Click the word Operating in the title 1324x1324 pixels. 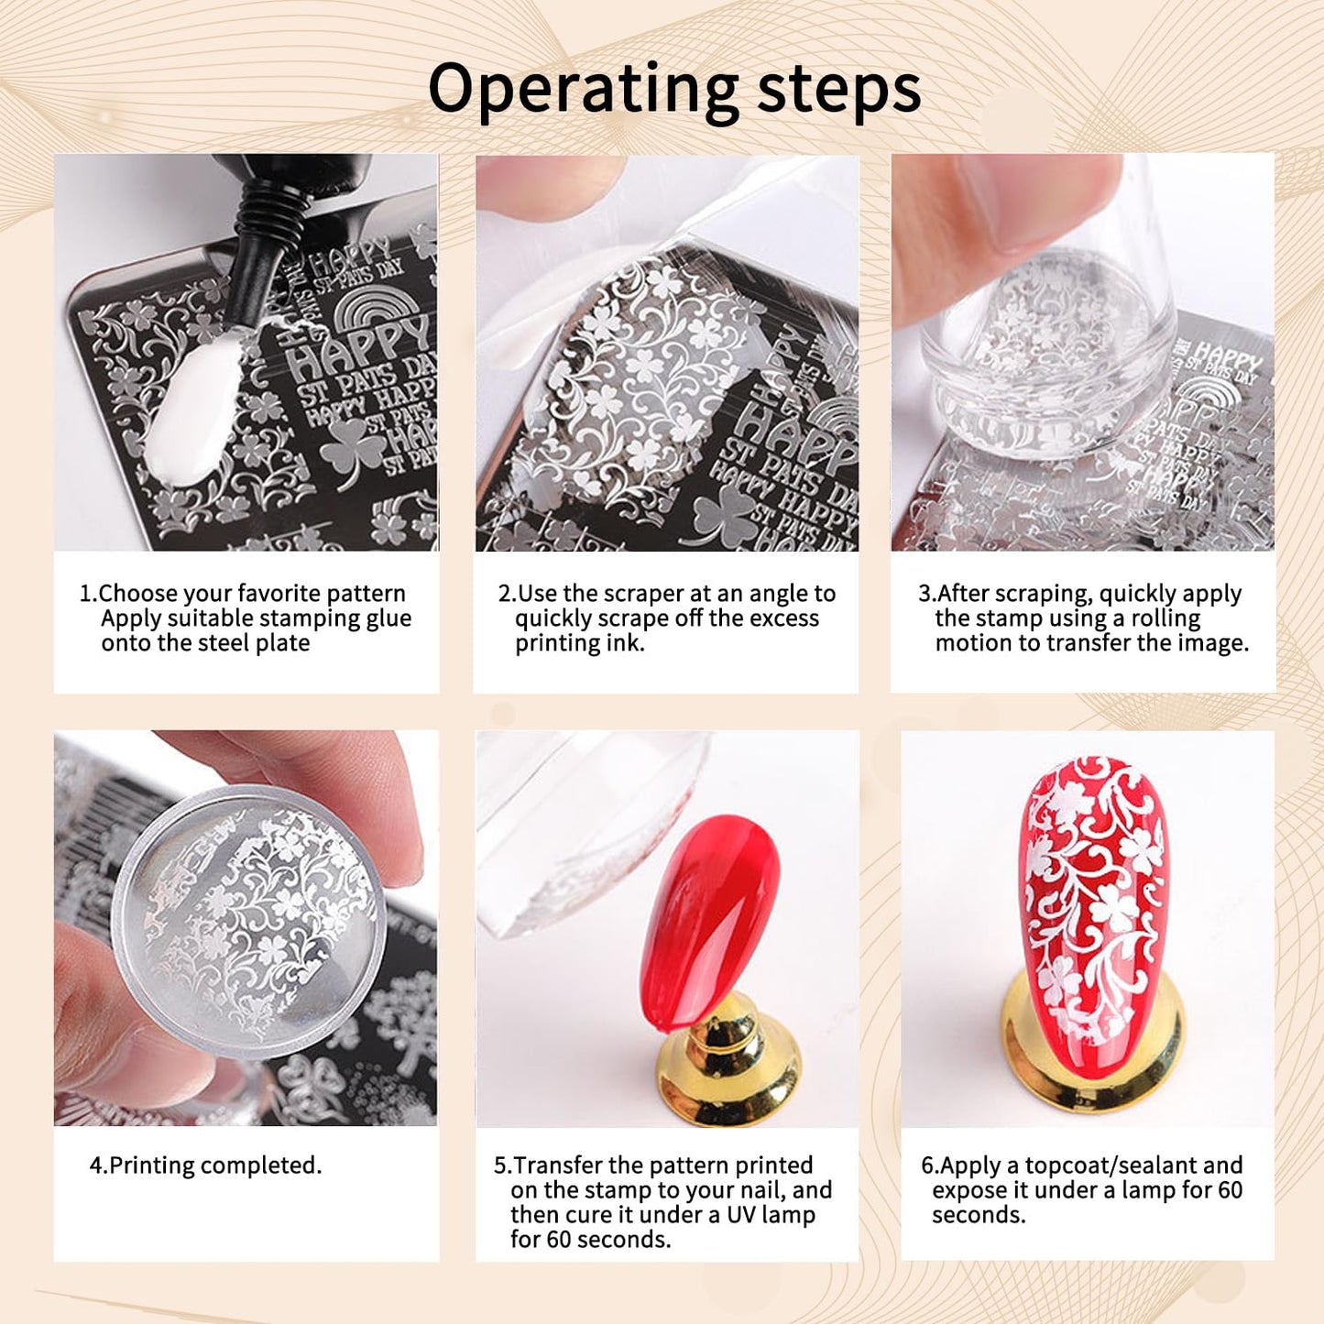(x=583, y=90)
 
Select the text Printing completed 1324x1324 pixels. (x=205, y=1165)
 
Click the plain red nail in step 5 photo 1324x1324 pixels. (x=710, y=907)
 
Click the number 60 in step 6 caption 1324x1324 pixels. (x=1230, y=1190)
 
